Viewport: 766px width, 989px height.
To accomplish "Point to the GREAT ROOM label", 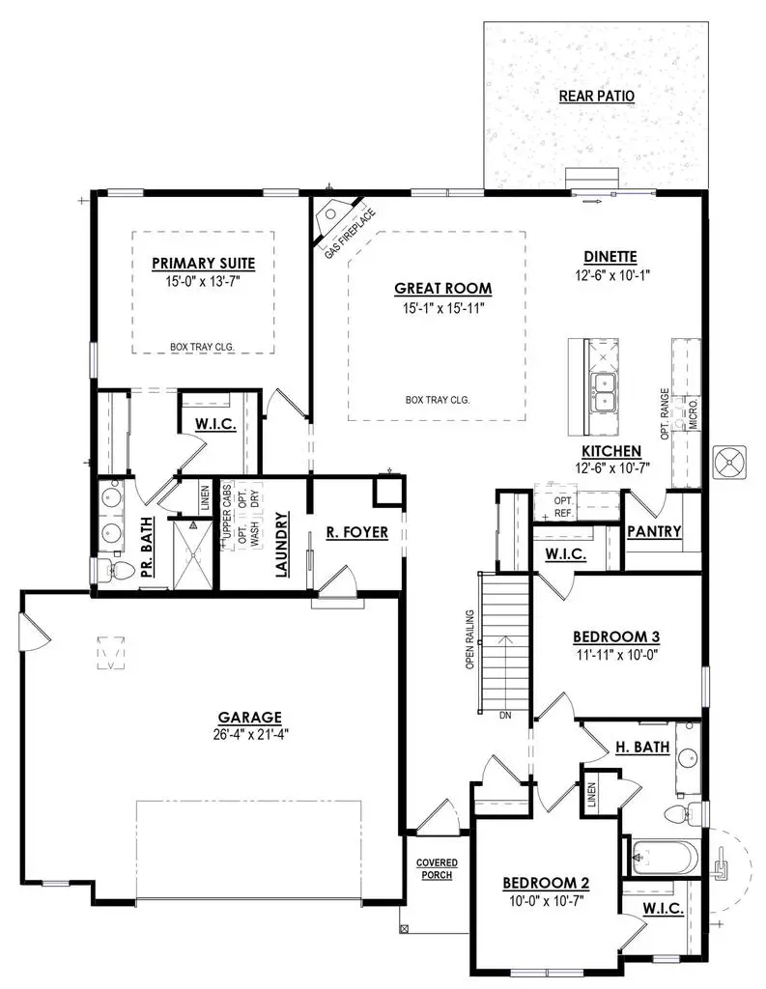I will coord(442,288).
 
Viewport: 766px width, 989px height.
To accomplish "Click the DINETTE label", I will coord(610,256).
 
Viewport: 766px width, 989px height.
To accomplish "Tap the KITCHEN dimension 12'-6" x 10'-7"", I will coord(610,468).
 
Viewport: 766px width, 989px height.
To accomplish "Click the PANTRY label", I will coord(654,531).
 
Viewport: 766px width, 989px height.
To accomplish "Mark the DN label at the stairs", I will coord(504,716).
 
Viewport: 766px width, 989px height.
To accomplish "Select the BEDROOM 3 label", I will coord(616,636).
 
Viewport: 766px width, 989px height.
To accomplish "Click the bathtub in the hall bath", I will coord(662,857).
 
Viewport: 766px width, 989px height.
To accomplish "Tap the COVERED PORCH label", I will coord(437,868).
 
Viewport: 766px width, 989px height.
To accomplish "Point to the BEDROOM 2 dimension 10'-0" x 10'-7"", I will coord(546,900).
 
